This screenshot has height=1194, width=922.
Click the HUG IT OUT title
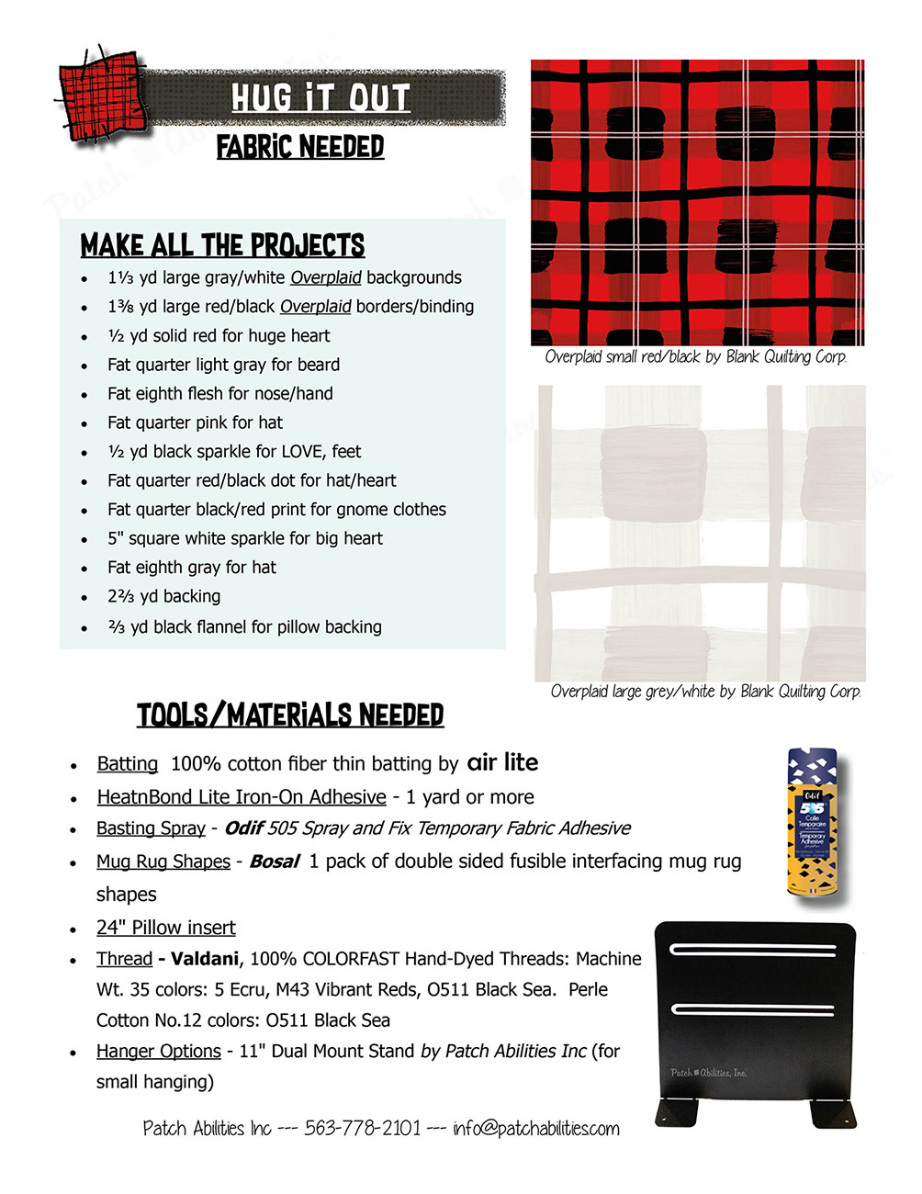pyautogui.click(x=320, y=97)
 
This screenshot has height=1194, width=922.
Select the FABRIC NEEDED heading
pyautogui.click(x=300, y=147)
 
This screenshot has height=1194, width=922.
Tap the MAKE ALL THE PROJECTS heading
pyautogui.click(x=222, y=246)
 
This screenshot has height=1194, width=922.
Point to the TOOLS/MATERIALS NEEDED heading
pyautogui.click(x=290, y=715)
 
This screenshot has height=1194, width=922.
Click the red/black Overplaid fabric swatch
pyautogui.click(x=697, y=203)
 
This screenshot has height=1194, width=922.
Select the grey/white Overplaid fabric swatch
pyautogui.click(x=700, y=533)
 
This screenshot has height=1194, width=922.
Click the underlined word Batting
pyautogui.click(x=128, y=764)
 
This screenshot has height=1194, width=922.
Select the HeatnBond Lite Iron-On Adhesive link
pyautogui.click(x=242, y=797)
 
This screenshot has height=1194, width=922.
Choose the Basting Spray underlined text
pyautogui.click(x=151, y=828)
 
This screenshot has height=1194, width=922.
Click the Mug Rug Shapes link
pyautogui.click(x=163, y=862)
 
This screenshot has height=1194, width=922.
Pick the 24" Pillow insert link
pyautogui.click(x=166, y=928)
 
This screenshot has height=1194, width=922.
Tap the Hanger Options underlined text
pyautogui.click(x=159, y=1051)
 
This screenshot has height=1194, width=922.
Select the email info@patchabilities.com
pyautogui.click(x=535, y=1128)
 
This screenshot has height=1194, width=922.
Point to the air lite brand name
pyautogui.click(x=502, y=762)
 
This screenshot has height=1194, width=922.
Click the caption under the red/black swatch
pyautogui.click(x=695, y=357)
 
